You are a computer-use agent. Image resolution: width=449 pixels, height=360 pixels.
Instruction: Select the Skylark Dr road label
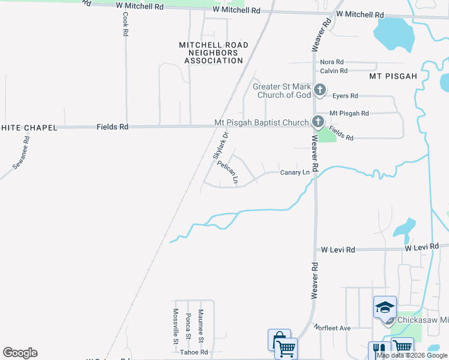tap(221, 146)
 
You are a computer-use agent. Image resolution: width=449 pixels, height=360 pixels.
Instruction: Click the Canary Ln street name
tap(295, 173)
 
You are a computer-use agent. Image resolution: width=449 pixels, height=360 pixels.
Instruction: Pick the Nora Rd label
tap(331, 62)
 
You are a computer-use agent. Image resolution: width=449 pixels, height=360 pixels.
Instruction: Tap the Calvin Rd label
tap(333, 71)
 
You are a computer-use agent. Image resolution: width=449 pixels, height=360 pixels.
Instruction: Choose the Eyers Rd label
tap(345, 96)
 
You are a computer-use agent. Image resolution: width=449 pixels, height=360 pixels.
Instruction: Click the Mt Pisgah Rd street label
tap(349, 113)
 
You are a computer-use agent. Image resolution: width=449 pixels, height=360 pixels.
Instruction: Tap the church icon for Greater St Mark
tap(320, 91)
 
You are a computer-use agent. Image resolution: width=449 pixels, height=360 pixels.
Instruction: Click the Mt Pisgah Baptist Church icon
tap(318, 122)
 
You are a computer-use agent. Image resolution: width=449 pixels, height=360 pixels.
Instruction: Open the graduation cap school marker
tap(384, 308)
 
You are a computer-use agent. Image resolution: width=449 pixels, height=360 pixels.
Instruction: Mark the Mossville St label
tap(176, 326)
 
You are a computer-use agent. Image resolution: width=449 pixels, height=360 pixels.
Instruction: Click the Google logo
tap(20, 353)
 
